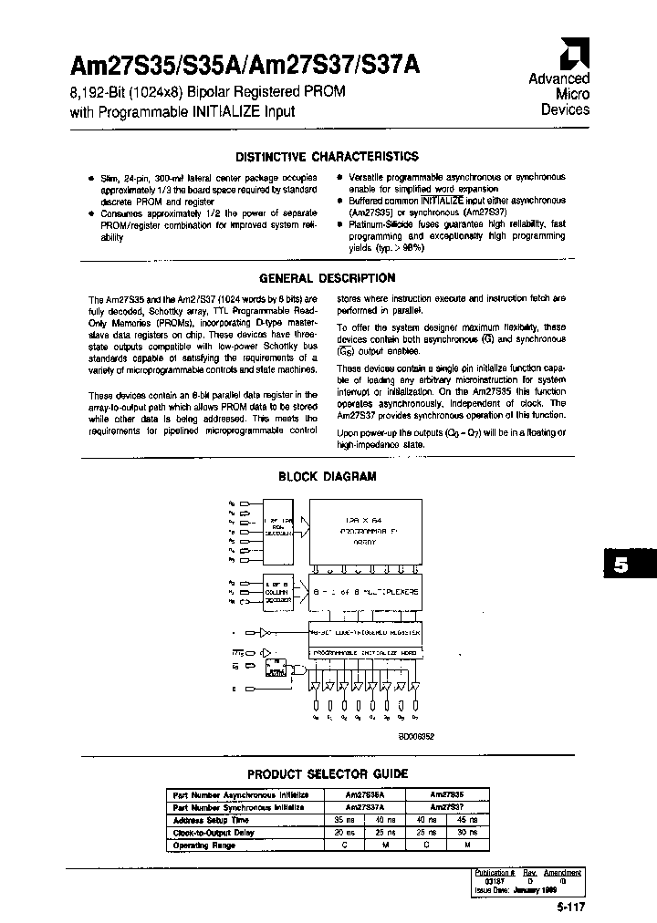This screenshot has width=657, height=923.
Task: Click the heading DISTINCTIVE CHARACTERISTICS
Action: tap(328, 157)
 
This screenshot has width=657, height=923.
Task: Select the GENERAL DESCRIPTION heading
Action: tap(328, 278)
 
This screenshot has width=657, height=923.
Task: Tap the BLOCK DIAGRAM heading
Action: tap(328, 476)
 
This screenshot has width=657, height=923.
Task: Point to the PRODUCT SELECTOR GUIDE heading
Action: tap(328, 773)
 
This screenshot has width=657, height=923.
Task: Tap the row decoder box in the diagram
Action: tap(276, 529)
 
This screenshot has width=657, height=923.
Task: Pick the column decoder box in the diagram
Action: tap(277, 592)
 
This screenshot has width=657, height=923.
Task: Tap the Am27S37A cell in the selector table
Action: tap(364, 807)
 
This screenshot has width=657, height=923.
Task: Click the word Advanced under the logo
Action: tap(559, 79)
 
